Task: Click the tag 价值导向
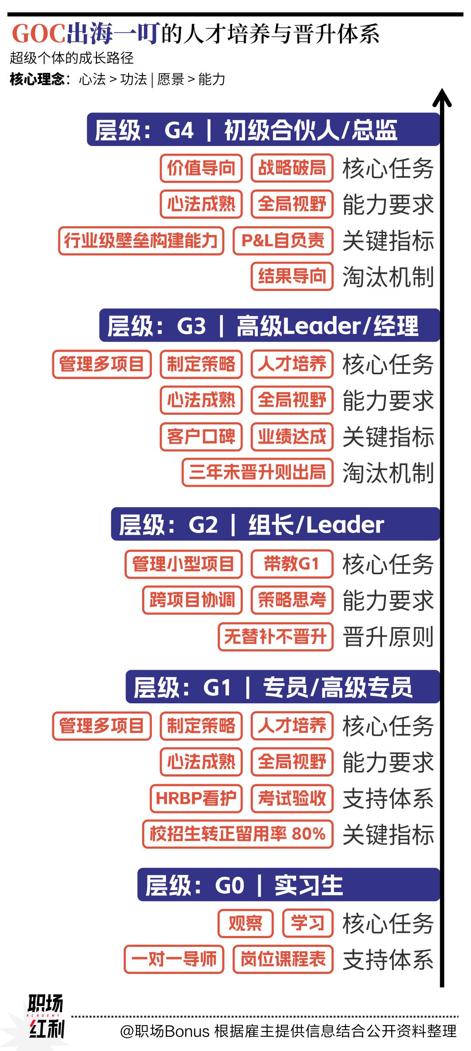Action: (x=201, y=168)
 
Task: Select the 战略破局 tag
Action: (x=292, y=168)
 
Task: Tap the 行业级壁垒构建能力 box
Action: (x=141, y=240)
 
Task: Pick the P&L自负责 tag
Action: (x=283, y=240)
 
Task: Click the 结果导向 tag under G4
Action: (x=292, y=276)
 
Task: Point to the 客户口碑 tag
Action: (x=201, y=436)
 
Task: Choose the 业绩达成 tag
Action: (x=292, y=436)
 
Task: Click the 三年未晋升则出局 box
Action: (x=257, y=472)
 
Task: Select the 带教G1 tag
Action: (x=292, y=564)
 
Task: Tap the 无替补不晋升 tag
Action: (x=275, y=637)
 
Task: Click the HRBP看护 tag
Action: (x=196, y=798)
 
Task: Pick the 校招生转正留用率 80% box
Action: (x=238, y=834)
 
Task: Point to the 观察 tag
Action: (x=245, y=923)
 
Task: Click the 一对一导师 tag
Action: (x=174, y=959)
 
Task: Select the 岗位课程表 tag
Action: (x=283, y=959)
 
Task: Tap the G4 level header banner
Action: (x=263, y=129)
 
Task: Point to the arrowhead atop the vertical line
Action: (x=442, y=97)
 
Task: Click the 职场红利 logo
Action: (x=45, y=1015)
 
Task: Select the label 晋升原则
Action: (x=388, y=637)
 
